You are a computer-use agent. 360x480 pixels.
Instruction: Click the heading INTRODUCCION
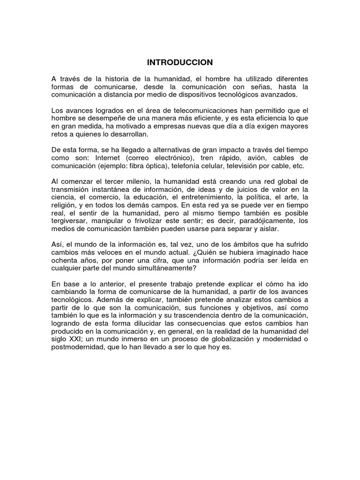(180, 62)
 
